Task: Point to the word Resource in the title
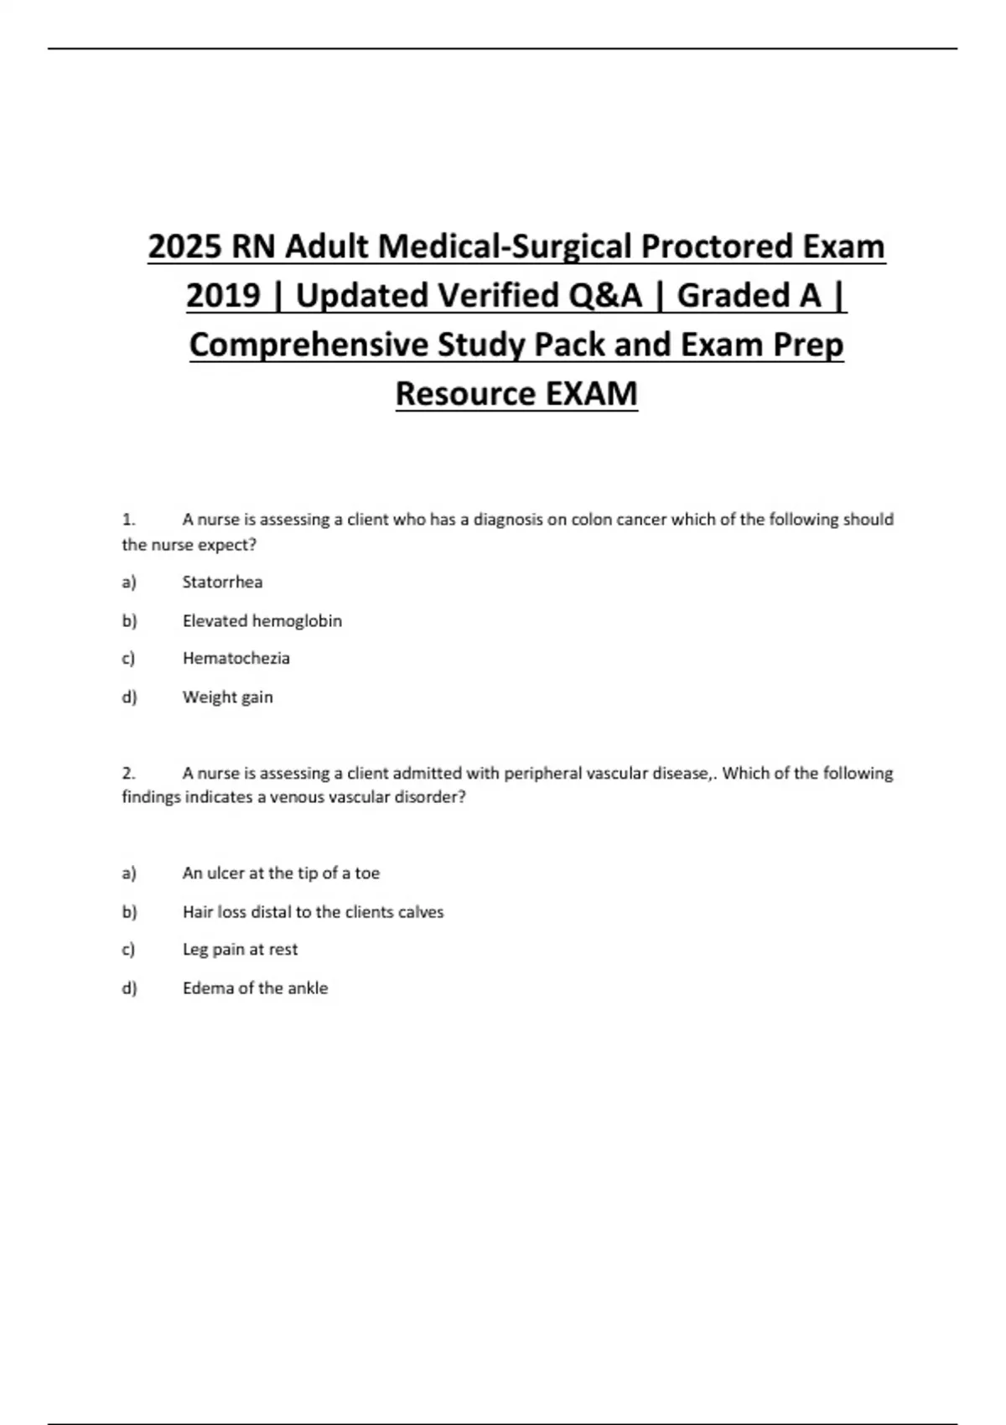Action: point(464,393)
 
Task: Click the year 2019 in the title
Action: point(223,295)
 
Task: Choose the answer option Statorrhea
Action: point(222,582)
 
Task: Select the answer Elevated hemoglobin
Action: point(262,621)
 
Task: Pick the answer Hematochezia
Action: point(236,658)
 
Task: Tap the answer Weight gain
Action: point(227,697)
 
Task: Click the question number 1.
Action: point(128,520)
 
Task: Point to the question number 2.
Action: point(128,773)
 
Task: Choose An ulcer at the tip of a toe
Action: point(281,873)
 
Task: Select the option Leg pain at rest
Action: point(240,949)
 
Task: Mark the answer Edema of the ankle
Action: point(255,988)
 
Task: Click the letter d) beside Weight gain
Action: point(129,697)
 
